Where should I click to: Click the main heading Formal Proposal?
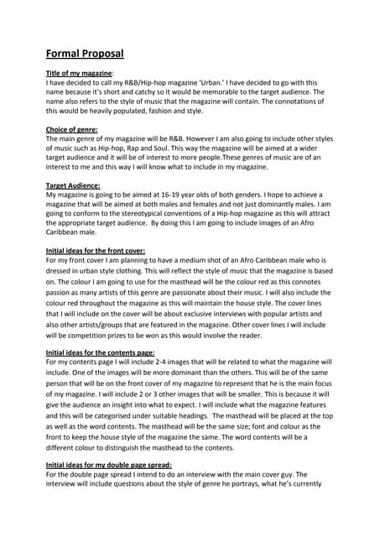tap(84, 54)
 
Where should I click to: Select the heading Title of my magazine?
tap(80, 74)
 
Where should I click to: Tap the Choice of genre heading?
tap(71, 129)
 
